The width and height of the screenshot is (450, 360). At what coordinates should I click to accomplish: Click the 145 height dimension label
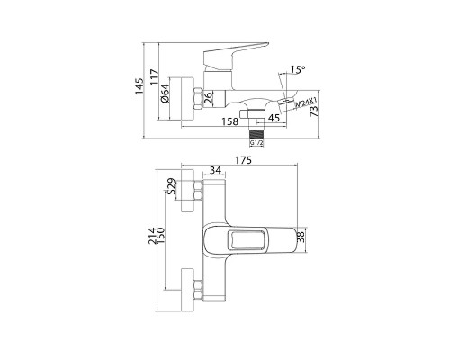click(139, 86)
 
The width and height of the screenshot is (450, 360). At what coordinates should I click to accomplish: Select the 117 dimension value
click(154, 77)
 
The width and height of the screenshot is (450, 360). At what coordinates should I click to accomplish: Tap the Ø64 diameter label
click(165, 94)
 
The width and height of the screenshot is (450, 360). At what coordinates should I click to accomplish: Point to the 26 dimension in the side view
click(208, 98)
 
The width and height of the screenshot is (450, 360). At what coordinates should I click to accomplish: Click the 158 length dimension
click(230, 121)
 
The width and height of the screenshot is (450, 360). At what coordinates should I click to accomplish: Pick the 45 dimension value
click(274, 118)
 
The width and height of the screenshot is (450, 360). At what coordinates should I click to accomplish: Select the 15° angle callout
click(298, 69)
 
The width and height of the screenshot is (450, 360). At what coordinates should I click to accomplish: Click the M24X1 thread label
click(306, 103)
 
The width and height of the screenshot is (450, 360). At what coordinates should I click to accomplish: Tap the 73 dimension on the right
click(313, 112)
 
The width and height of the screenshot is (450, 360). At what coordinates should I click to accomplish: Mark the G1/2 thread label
click(256, 143)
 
